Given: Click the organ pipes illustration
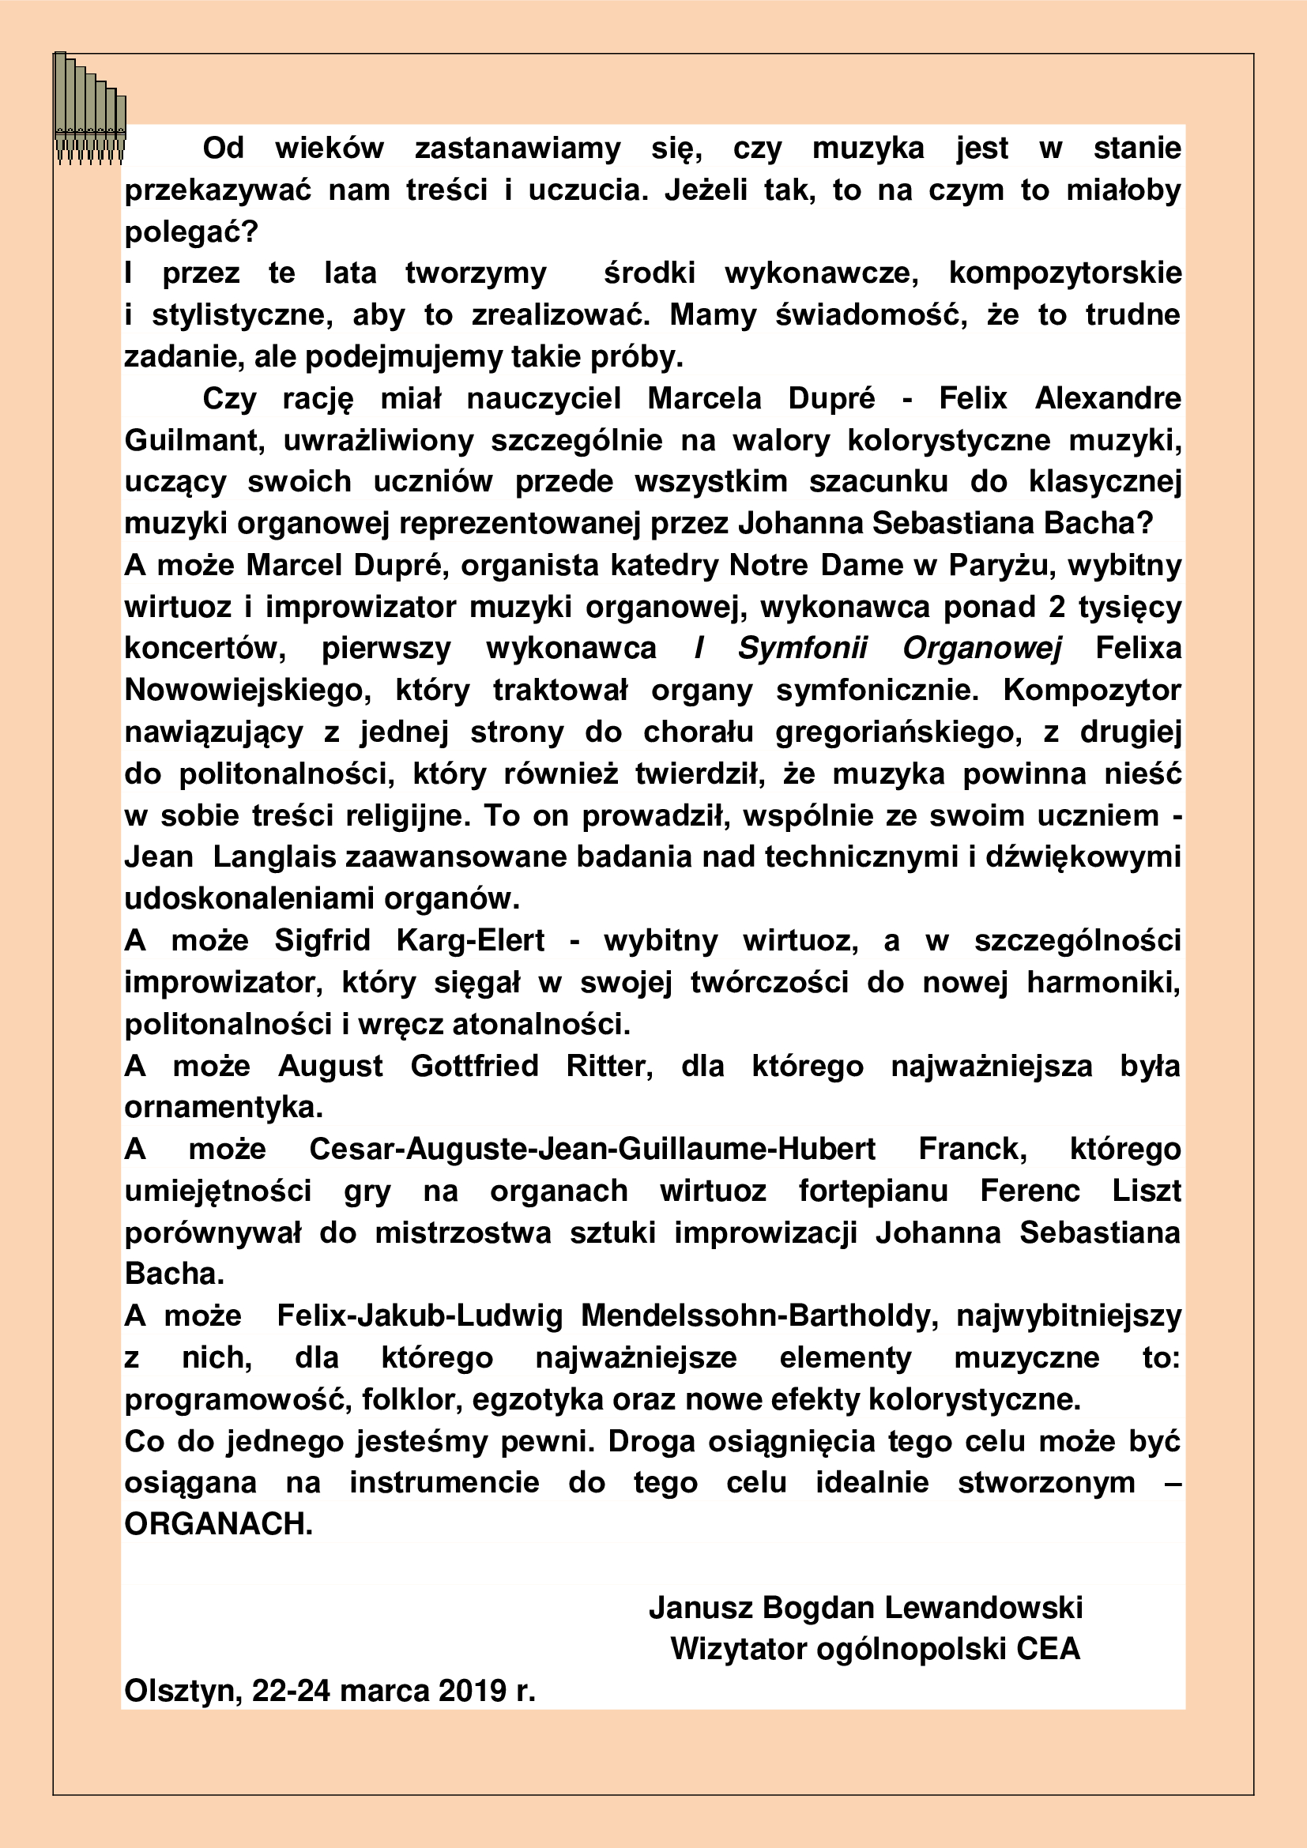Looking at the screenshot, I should click(x=90, y=110).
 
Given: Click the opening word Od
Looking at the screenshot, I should click(x=223, y=149).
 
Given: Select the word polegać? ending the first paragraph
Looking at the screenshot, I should click(x=190, y=232).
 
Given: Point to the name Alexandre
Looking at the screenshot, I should click(x=1107, y=399).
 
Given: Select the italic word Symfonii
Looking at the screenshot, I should click(x=802, y=649).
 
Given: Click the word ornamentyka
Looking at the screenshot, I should click(x=223, y=1108).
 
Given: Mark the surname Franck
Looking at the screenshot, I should click(x=972, y=1150).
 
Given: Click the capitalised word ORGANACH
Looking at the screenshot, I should click(x=217, y=1524).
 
